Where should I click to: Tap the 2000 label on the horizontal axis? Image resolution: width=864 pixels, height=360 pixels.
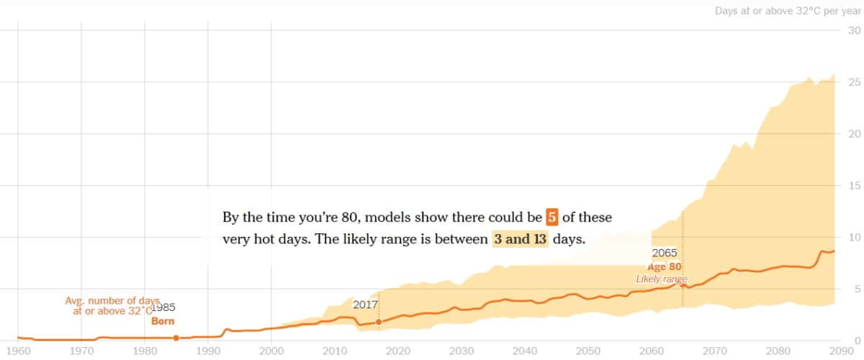[x=272, y=351]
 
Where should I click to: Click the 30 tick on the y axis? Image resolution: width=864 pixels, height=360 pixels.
[x=855, y=30]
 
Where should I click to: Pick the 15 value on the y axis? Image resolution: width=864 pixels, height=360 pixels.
[x=855, y=186]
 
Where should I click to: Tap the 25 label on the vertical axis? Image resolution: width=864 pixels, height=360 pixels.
[x=855, y=82]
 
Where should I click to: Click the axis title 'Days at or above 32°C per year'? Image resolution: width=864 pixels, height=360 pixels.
[x=788, y=11]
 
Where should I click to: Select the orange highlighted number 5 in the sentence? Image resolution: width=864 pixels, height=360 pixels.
[x=552, y=217]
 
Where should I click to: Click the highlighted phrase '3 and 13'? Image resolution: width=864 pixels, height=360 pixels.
[x=520, y=239]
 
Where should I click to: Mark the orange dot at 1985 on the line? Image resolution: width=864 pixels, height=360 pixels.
[x=176, y=338]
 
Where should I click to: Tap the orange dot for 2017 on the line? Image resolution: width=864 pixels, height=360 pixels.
[x=379, y=322]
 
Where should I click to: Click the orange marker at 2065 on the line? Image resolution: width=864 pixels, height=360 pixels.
[x=683, y=285]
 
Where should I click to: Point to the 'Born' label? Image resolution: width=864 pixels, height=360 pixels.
[x=163, y=321]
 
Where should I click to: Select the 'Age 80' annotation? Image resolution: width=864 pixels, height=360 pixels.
[x=665, y=266]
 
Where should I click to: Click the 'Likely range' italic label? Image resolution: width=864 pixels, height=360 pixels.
[x=661, y=279]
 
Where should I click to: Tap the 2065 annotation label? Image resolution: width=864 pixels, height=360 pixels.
[x=665, y=253]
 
